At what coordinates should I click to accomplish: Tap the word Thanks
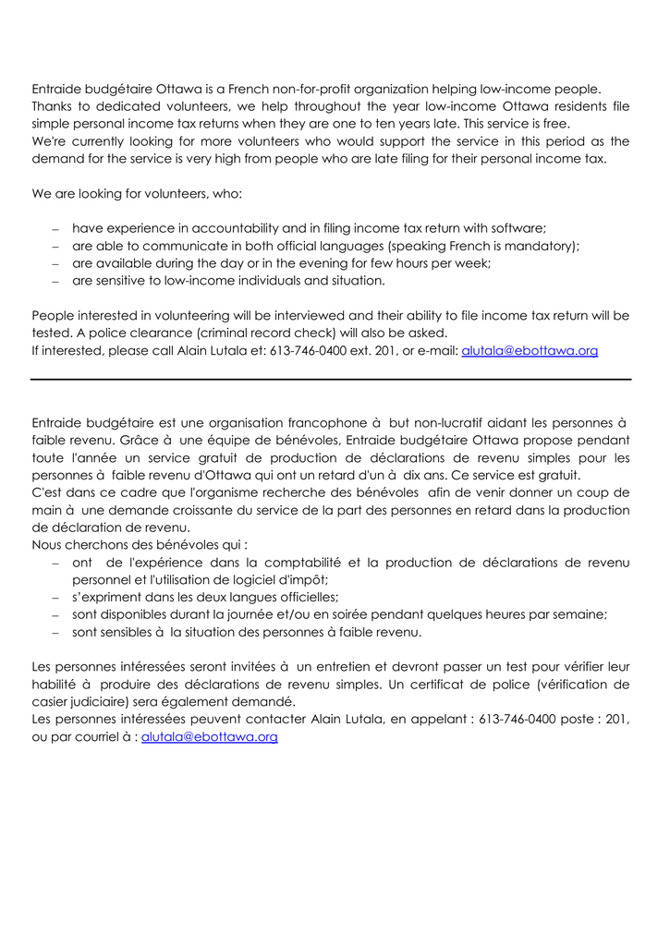click(x=54, y=106)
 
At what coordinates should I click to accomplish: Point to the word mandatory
click(x=541, y=246)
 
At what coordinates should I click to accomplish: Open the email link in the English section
click(x=530, y=351)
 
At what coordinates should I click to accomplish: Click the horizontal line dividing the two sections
click(x=331, y=379)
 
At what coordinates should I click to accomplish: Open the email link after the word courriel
click(x=210, y=737)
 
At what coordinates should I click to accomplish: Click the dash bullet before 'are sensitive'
click(x=55, y=282)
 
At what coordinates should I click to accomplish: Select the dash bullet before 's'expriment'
click(x=55, y=599)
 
